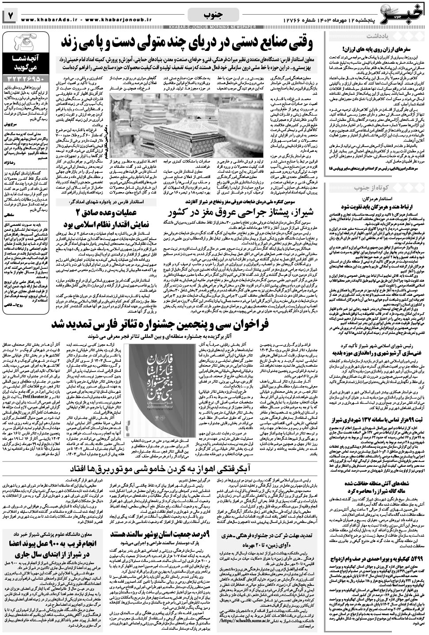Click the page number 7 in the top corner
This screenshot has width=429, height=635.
[10, 15]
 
